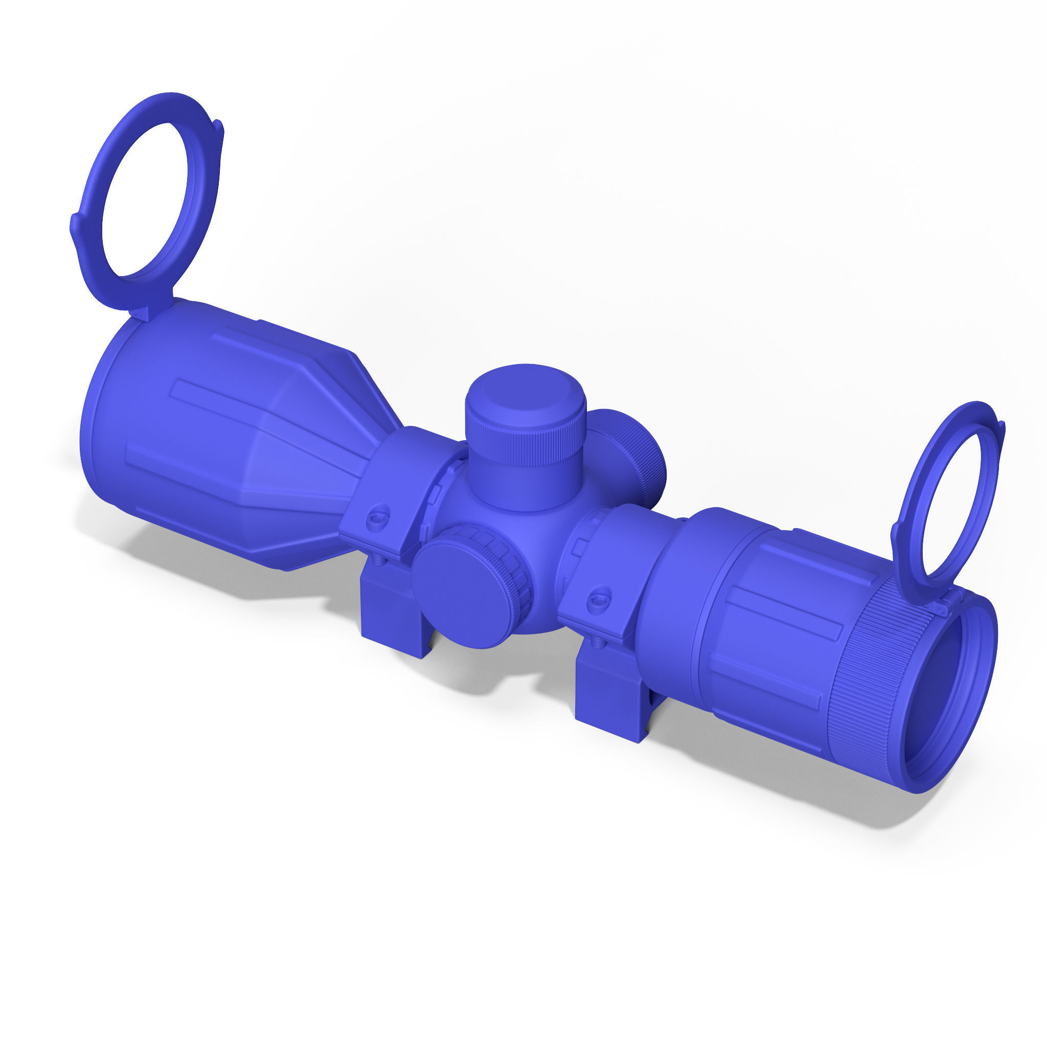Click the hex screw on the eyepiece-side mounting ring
[x=597, y=599]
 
